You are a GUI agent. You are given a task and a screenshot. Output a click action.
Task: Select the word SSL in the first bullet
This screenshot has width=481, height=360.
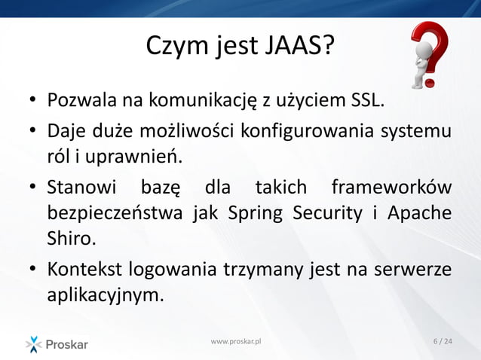pyautogui.click(x=368, y=100)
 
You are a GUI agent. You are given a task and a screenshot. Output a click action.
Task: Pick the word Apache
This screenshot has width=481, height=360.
pyautogui.click(x=419, y=213)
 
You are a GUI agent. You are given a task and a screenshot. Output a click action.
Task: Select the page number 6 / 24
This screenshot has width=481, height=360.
pyautogui.click(x=443, y=342)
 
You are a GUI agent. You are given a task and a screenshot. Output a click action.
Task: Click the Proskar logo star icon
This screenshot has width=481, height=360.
pyautogui.click(x=34, y=344)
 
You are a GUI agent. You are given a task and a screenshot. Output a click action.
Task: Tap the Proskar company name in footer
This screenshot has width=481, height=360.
pyautogui.click(x=67, y=345)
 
